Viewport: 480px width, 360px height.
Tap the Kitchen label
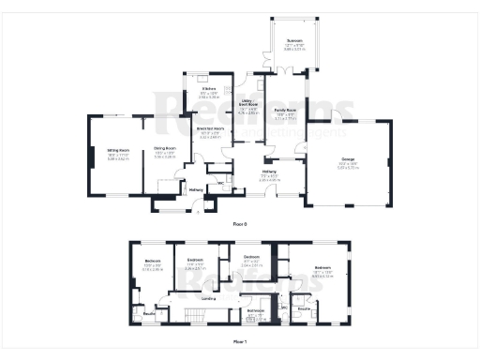tap(208, 88)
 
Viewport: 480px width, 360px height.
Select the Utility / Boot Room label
tap(248, 107)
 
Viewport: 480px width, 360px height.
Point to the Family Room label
tap(286, 111)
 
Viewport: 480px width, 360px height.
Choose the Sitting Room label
tap(118, 150)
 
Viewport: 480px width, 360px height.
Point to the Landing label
tap(210, 298)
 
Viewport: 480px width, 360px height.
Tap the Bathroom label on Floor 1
tap(255, 310)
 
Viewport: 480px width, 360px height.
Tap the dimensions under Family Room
tap(286, 119)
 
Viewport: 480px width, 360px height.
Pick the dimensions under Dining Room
tap(165, 158)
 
